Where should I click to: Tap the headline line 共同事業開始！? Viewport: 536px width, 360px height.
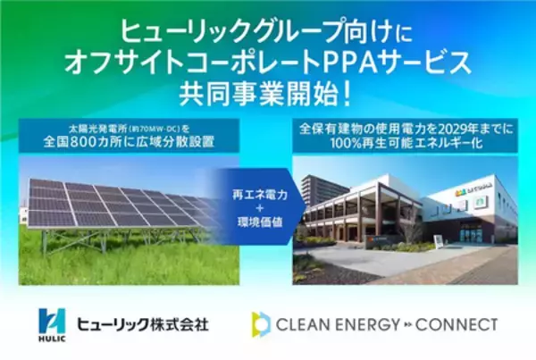(x=268, y=93)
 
